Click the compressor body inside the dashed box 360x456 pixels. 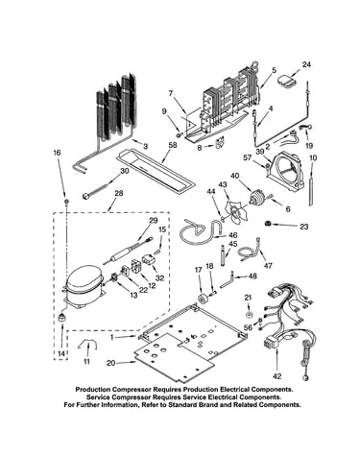(84, 285)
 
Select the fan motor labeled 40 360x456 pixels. (258, 198)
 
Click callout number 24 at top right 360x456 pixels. (306, 64)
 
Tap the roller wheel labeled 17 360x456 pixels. (203, 300)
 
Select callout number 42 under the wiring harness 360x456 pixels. (277, 376)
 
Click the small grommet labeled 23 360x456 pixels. (268, 224)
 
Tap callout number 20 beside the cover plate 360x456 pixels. (110, 363)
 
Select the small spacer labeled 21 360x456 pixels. (250, 314)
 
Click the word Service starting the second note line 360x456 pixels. (98, 397)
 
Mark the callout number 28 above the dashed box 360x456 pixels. (118, 193)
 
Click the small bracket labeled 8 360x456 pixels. (221, 143)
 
